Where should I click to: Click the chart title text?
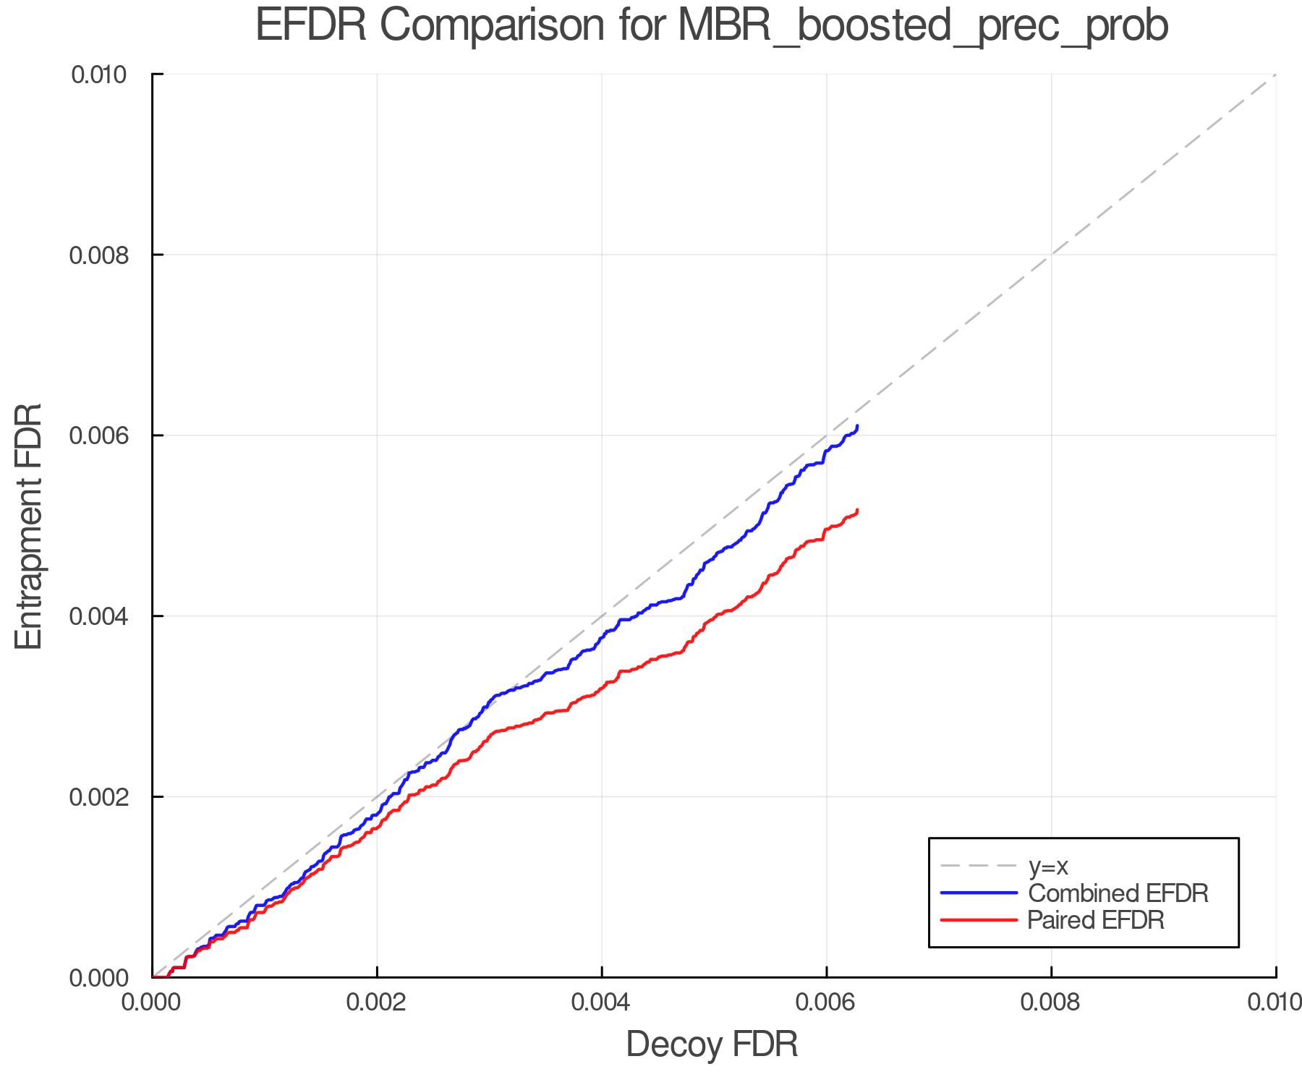pyautogui.click(x=712, y=26)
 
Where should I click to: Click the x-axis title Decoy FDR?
pyautogui.click(x=712, y=1044)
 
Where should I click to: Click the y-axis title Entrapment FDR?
pyautogui.click(x=29, y=527)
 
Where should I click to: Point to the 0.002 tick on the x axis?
pyautogui.click(x=377, y=1003)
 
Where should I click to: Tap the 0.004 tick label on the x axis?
pyautogui.click(x=602, y=1003)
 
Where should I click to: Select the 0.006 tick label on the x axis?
pyautogui.click(x=826, y=1003)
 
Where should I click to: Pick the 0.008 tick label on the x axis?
pyautogui.click(x=1051, y=1003)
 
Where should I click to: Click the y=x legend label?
pyautogui.click(x=1048, y=866)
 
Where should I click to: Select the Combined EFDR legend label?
pyautogui.click(x=1118, y=893)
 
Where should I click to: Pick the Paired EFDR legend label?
pyautogui.click(x=1095, y=920)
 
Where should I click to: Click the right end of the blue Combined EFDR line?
pyautogui.click(x=857, y=426)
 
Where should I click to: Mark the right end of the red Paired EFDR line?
pyautogui.click(x=857, y=511)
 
